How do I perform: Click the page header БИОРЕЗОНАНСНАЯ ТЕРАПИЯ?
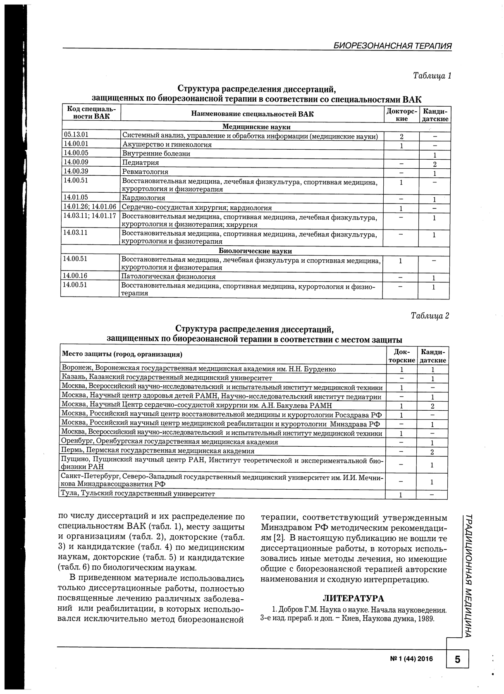(x=392, y=46)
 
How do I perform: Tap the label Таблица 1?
(x=432, y=76)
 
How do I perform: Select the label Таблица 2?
(x=430, y=316)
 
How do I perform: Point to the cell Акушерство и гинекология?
(x=167, y=145)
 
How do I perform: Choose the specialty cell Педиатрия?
(x=141, y=163)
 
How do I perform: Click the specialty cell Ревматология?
(x=145, y=172)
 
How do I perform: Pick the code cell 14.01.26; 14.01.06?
(x=90, y=207)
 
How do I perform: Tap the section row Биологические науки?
(x=255, y=251)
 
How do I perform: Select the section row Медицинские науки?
(x=256, y=127)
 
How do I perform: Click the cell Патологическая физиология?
(x=168, y=277)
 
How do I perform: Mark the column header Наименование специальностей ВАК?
(x=252, y=114)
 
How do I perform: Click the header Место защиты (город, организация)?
(x=122, y=354)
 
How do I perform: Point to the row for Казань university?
(x=167, y=378)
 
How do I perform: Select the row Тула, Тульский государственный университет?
(x=138, y=493)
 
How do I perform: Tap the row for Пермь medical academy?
(x=158, y=451)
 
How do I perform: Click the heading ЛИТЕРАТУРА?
(x=353, y=598)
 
